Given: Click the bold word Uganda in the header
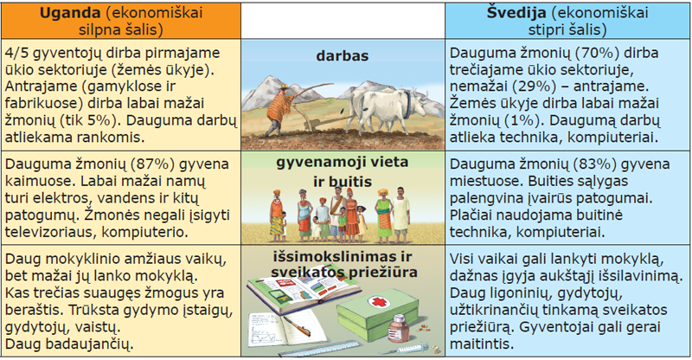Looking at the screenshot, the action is (x=71, y=13).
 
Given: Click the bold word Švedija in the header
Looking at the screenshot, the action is (x=516, y=13).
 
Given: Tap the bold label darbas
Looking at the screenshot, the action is (x=343, y=56).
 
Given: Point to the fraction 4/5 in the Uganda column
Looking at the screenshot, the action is (x=16, y=53).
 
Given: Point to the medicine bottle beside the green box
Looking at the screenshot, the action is (x=398, y=329).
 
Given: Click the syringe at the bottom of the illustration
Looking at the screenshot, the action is (x=405, y=349).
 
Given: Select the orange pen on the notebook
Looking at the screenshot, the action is (x=297, y=326).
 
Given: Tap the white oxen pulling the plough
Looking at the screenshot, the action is (x=388, y=109).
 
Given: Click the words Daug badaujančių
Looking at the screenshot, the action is (x=69, y=344).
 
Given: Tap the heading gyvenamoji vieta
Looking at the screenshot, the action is (x=343, y=162).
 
